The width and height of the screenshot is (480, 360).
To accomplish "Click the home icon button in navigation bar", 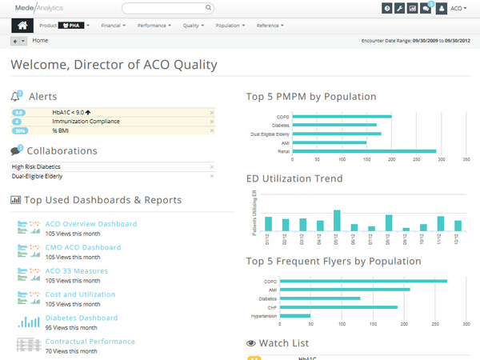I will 22,25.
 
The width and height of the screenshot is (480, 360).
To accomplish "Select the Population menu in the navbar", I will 230,26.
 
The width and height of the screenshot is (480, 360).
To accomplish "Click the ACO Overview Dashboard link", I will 90,223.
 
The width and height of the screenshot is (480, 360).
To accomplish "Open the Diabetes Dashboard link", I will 81,318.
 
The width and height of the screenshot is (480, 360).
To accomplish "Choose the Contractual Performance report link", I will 90,341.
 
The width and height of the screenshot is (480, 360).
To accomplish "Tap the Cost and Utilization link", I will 80,294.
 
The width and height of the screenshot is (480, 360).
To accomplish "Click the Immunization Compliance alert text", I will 86,122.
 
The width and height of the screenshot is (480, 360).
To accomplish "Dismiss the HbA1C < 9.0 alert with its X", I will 212,113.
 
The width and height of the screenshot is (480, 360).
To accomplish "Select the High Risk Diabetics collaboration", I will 36,166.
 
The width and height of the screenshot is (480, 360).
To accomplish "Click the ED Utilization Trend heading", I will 294,178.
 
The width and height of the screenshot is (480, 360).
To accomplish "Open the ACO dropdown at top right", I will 458,8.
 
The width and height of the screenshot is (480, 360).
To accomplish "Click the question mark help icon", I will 387,8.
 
